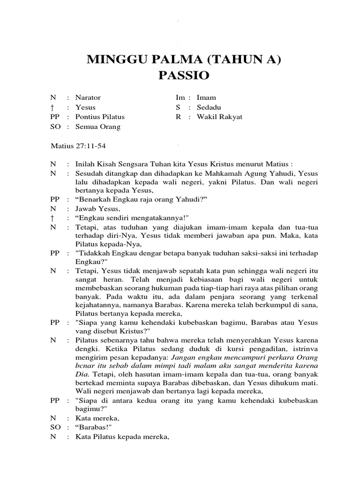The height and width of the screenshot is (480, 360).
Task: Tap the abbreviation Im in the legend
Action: coord(180,97)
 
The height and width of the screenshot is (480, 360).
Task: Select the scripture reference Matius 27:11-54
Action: coord(78,146)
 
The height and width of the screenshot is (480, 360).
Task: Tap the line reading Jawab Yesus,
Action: coord(97,209)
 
